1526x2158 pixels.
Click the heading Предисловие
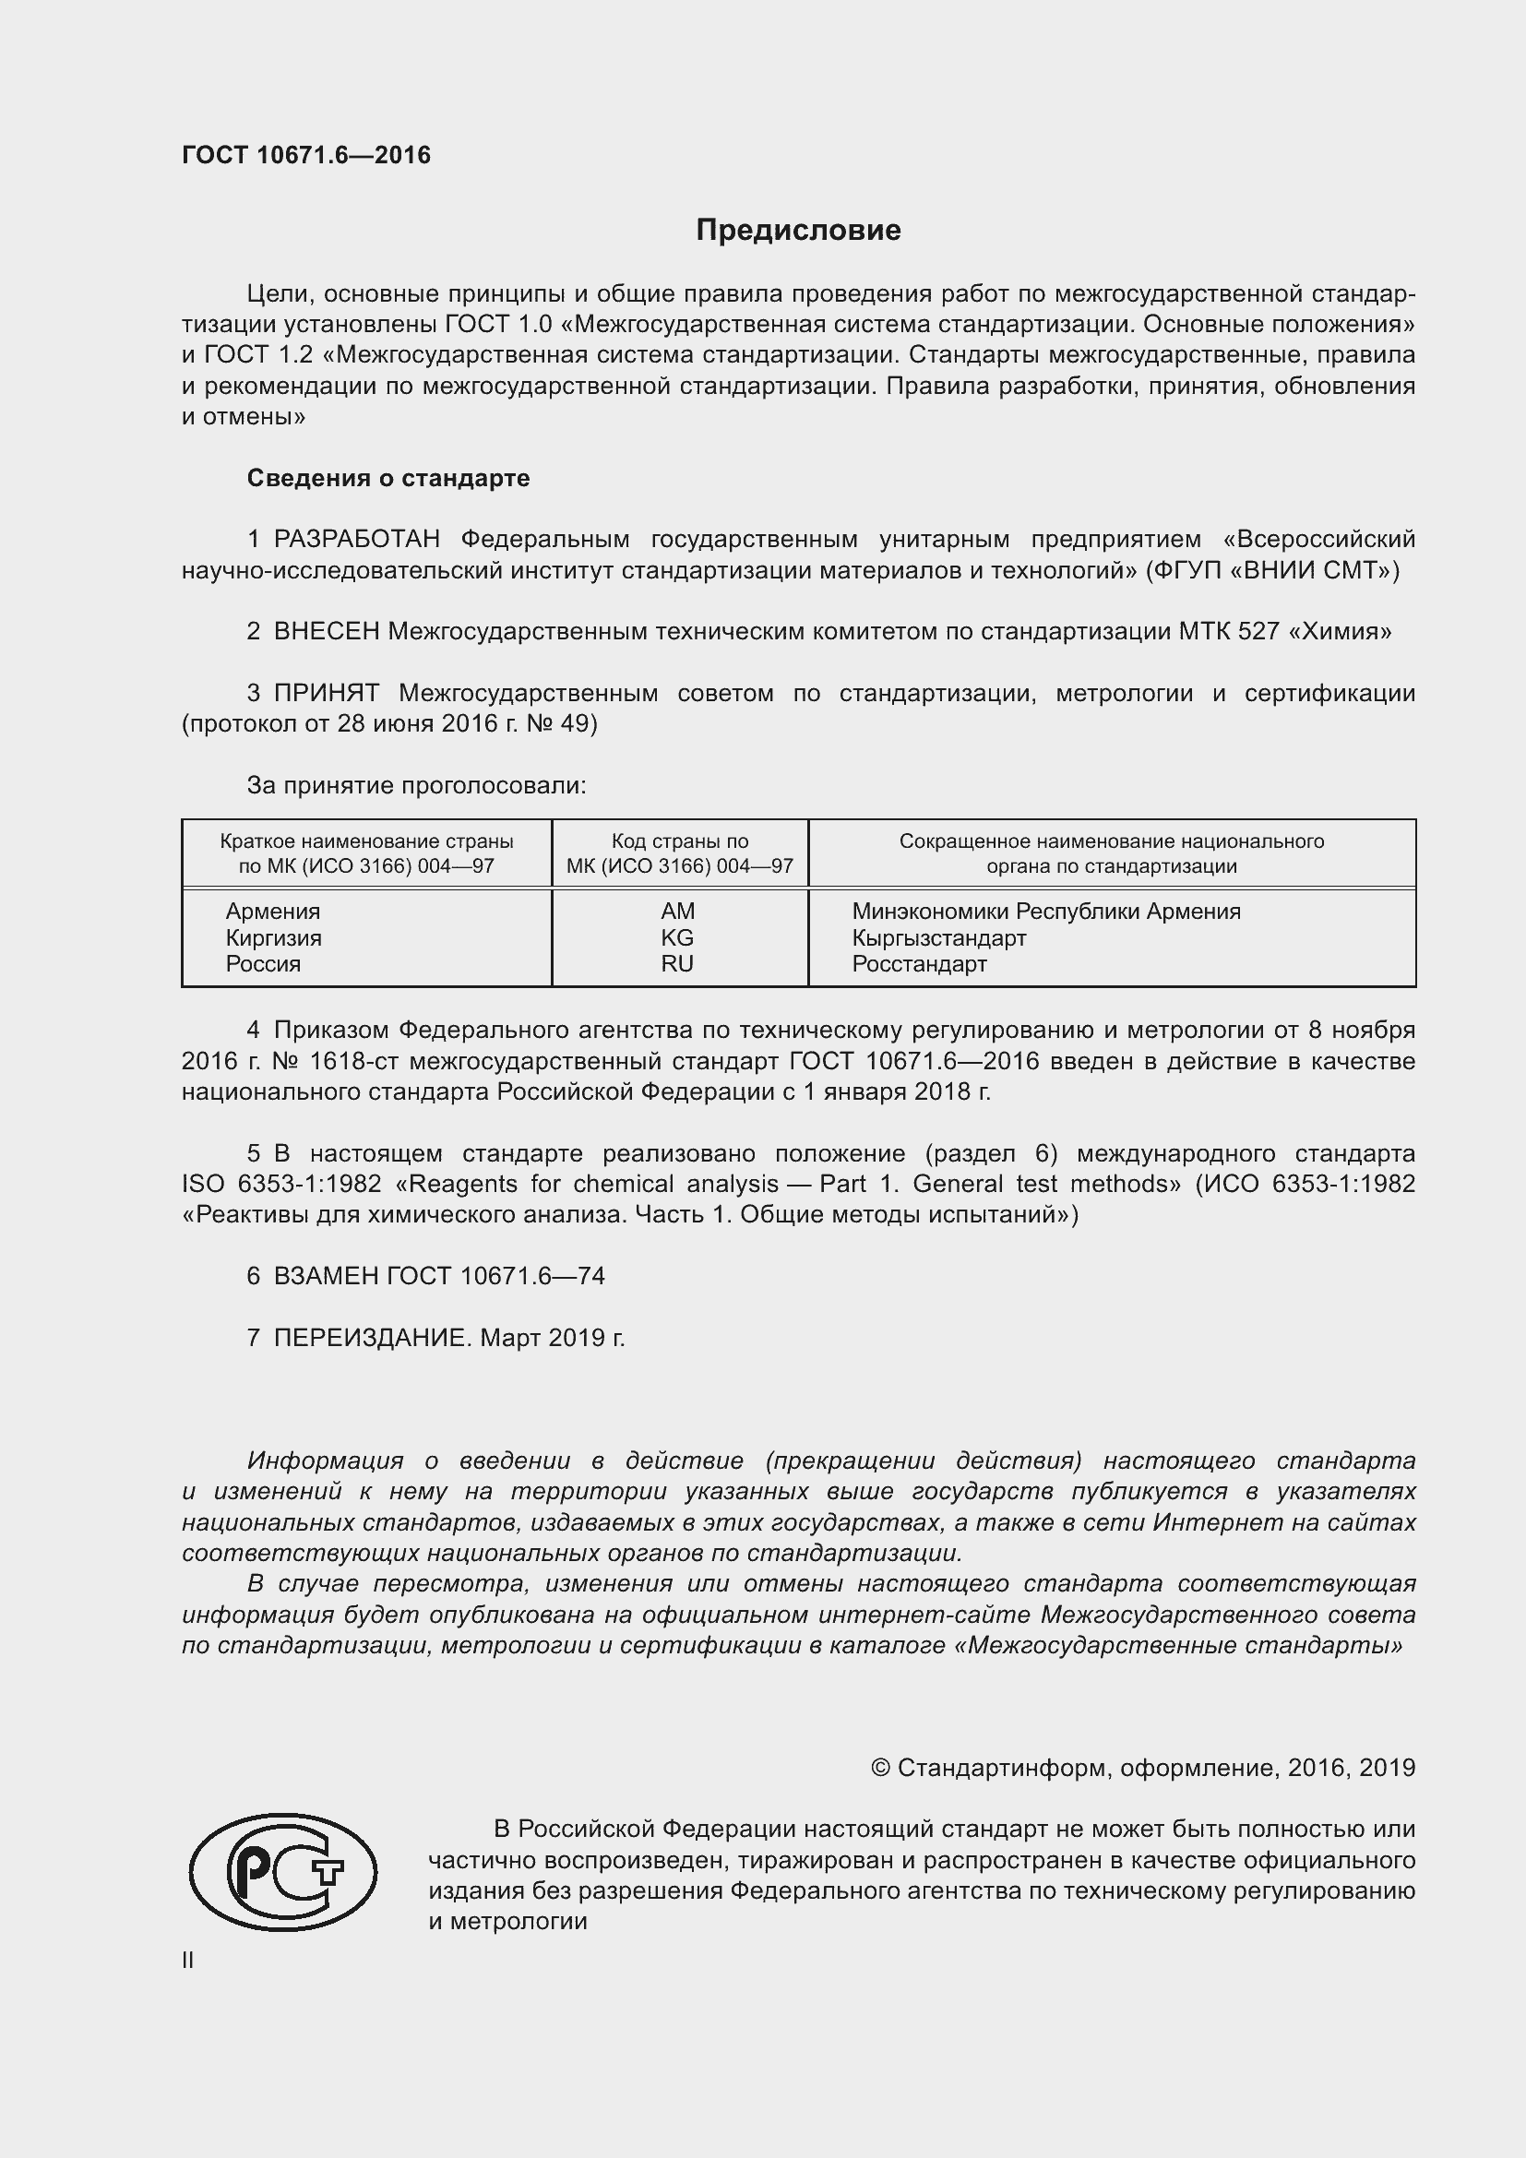[x=798, y=231]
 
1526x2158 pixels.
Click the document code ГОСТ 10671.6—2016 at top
[x=306, y=155]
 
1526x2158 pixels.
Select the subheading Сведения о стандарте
[x=388, y=479]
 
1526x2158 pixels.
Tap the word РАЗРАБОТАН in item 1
[x=356, y=540]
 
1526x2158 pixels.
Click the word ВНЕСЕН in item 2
[x=326, y=632]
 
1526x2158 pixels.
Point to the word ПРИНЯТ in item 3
[x=326, y=694]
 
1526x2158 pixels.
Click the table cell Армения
[x=272, y=911]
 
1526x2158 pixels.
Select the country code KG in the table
[x=677, y=937]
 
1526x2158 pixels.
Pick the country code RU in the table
[x=677, y=963]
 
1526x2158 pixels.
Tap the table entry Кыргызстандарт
[x=938, y=937]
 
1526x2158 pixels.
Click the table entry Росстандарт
[x=919, y=963]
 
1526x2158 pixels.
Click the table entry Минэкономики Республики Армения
[x=1046, y=911]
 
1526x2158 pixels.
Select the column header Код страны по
[x=679, y=841]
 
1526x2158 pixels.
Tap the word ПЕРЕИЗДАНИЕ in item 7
[x=370, y=1338]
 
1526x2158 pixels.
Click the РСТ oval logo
[x=283, y=1872]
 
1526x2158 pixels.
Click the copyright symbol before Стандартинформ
[x=879, y=1768]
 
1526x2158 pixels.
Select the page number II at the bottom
[x=188, y=1961]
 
